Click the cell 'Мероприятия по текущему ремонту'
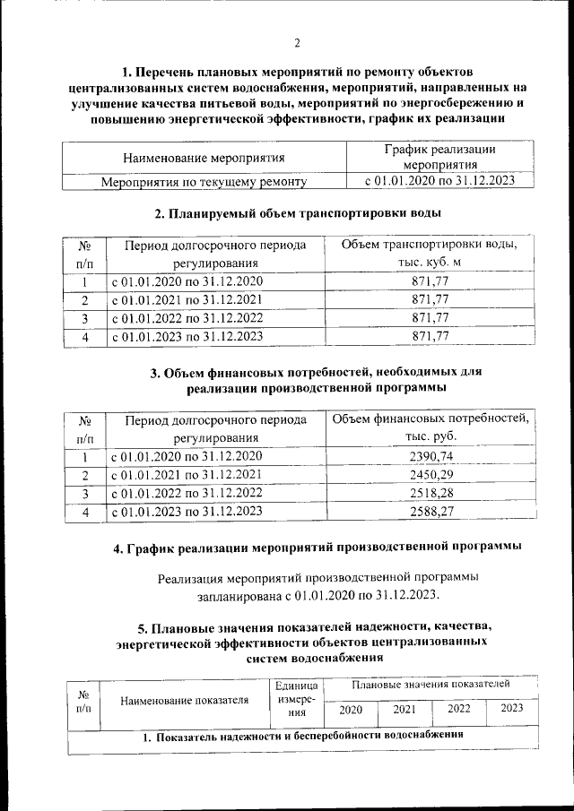point(204,182)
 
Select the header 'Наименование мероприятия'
point(204,158)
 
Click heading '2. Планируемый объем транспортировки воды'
point(297,213)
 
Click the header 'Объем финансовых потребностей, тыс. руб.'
point(430,427)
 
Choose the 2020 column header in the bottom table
point(351,709)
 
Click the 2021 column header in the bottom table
point(404,709)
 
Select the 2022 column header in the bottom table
point(458,709)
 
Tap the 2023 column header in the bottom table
point(511,709)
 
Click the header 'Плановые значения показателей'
point(431,684)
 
